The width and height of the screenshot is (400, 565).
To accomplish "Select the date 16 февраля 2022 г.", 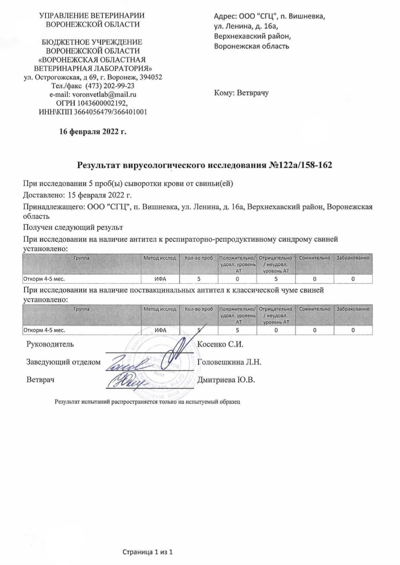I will [x=93, y=131].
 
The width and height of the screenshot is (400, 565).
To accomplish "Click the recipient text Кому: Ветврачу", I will [x=241, y=93].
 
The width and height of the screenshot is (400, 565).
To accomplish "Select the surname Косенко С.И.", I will [x=221, y=344].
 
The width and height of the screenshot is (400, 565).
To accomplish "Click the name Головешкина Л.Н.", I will [x=230, y=362].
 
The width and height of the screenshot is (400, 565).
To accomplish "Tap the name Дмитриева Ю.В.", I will [x=226, y=380].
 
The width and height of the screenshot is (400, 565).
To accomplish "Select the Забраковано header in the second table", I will [x=353, y=309].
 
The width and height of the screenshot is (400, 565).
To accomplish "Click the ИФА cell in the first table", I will [x=160, y=279].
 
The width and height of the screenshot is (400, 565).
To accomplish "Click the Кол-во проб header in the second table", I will [x=199, y=309].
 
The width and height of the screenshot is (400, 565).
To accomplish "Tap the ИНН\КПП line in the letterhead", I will [x=93, y=112].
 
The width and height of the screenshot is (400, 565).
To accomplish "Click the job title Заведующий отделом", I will [x=63, y=362].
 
